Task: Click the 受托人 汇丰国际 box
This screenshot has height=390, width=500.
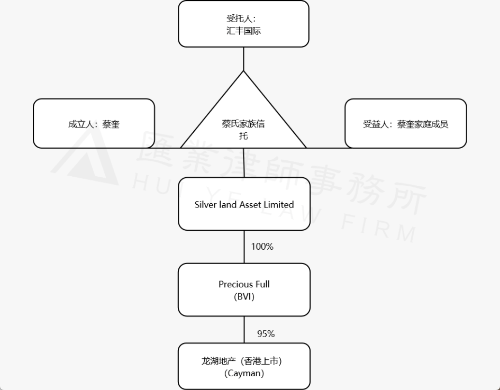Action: click(243, 24)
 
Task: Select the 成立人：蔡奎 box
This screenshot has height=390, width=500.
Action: click(94, 124)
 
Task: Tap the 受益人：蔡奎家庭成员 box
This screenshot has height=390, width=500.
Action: click(405, 124)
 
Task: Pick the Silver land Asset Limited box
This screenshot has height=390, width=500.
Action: click(244, 204)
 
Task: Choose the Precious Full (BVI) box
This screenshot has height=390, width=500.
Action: click(244, 289)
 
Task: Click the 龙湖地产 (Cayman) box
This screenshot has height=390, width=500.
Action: click(244, 367)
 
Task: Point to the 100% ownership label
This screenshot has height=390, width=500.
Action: click(262, 247)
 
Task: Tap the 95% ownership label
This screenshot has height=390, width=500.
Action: click(266, 334)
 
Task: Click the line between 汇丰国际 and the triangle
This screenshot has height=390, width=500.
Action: click(243, 59)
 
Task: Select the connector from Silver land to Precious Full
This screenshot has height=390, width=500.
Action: click(244, 247)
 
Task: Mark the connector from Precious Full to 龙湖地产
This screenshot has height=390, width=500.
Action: click(244, 330)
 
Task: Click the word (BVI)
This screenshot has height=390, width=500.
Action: click(244, 296)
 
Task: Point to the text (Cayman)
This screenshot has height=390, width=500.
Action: click(244, 374)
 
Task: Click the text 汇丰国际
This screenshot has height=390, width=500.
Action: click(243, 31)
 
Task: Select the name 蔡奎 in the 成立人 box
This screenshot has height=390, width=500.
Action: click(111, 124)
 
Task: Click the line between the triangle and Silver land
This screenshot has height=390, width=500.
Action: click(243, 163)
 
